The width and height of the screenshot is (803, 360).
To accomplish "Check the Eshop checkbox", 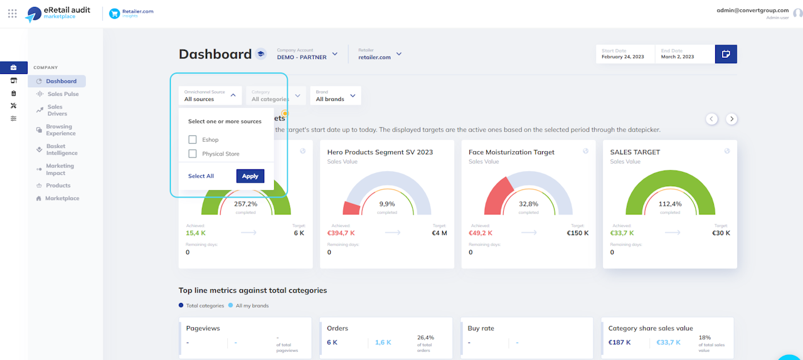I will pos(193,140).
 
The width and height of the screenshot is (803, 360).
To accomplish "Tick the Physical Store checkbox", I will pos(193,154).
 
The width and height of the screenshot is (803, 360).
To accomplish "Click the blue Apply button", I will pos(250,176).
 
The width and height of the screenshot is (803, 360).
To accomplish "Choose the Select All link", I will pos(201,176).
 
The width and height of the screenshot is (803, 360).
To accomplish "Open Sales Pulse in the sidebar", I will pos(63,94).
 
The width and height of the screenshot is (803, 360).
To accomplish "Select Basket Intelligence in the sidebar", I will pos(61,150).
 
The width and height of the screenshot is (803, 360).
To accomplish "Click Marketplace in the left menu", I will pos(62,198).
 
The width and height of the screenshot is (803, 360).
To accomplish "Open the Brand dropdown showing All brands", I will pos(336,96).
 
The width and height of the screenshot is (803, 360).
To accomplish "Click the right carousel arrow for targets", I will pos(731,119).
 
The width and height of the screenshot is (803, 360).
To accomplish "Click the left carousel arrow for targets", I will pos(711,119).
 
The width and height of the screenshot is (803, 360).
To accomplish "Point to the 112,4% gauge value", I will pos(670,204).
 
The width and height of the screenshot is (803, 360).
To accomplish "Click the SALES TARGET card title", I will pos(635,152).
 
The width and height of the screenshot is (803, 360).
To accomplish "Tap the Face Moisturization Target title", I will pos(511,152).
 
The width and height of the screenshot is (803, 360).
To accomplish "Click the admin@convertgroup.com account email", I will pos(752,10).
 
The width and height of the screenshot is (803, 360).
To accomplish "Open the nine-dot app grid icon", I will pos(13,13).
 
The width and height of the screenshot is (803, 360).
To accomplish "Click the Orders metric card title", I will pos(338,328).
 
